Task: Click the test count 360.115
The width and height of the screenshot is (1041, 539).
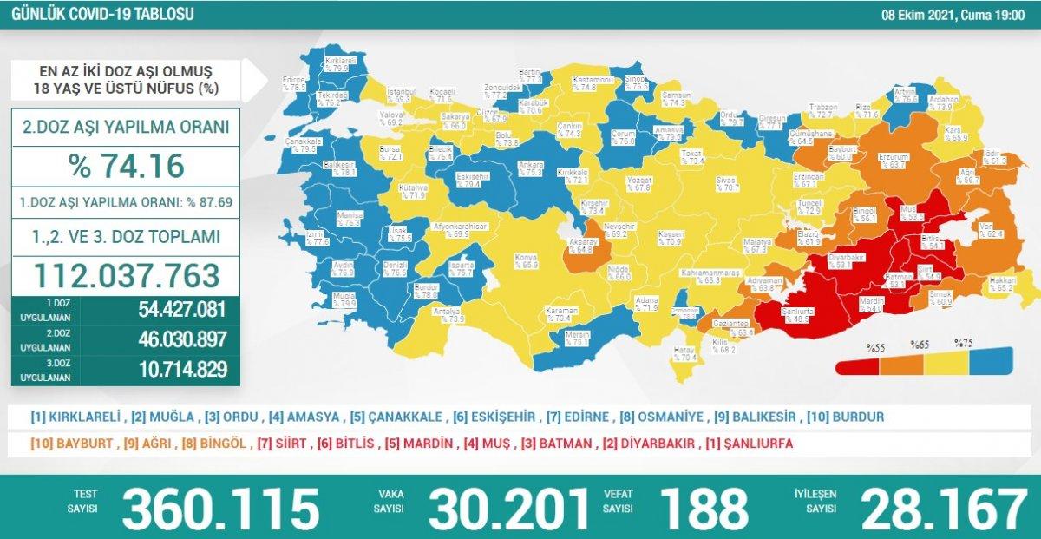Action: click(x=220, y=508)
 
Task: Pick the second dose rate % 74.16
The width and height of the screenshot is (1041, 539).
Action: click(x=126, y=165)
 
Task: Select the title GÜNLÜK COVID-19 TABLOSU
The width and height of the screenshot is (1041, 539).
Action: click(x=97, y=15)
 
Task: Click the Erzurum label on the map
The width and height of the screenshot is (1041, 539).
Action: click(x=893, y=159)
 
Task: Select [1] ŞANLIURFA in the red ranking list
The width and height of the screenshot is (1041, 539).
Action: click(x=750, y=444)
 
